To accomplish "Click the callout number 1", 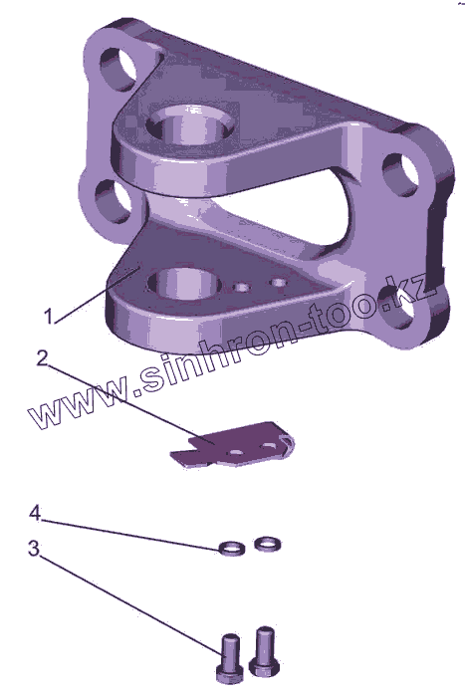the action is (49, 316).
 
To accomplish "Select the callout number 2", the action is (42, 357).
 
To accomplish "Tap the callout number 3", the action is (34, 549).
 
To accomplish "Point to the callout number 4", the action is (35, 513).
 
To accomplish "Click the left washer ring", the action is (232, 548).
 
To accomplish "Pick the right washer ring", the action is (268, 544).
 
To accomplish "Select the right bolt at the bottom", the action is (264, 650).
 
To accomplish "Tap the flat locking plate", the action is (232, 446).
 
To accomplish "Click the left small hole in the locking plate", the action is (236, 452).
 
